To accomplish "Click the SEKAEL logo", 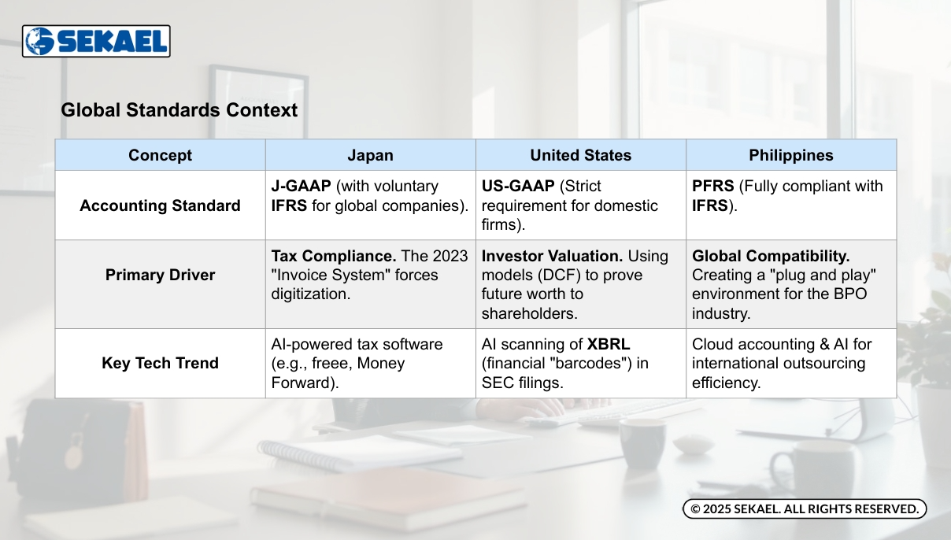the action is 96,41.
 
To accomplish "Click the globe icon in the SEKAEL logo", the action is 39,41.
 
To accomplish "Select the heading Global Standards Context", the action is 179,110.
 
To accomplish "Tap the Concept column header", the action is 160,155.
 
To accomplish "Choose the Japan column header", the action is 370,155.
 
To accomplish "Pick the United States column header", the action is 580,155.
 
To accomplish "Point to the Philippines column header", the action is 791,155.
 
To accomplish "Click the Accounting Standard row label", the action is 160,205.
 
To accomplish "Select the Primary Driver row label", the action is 160,275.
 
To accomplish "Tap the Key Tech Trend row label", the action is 160,364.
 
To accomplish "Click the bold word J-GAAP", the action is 301,186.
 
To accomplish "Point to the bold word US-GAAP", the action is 518,186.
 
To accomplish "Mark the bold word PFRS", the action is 712,186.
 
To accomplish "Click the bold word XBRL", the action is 609,344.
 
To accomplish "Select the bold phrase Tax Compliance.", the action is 334,256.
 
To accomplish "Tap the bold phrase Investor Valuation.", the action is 552,256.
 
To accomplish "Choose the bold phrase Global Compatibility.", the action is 771,256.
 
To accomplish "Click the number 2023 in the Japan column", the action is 450,256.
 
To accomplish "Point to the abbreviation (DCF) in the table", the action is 559,275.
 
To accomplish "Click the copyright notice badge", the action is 805,509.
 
